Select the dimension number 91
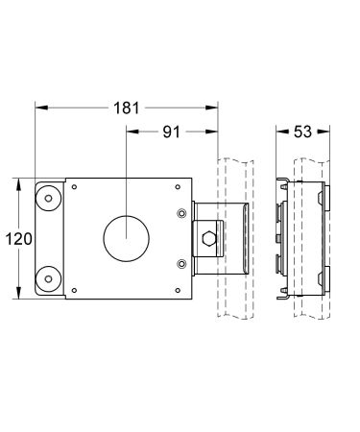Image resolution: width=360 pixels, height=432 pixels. [x=170, y=133]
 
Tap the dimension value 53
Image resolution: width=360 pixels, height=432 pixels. [x=301, y=133]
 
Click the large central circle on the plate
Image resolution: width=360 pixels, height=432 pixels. [x=123, y=237]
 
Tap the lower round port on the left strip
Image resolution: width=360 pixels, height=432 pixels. [x=45, y=279]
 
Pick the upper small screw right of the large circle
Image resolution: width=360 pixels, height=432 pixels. [x=180, y=213]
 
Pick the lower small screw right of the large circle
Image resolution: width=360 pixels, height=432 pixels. [x=180, y=262]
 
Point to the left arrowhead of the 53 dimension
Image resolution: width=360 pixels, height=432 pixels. [x=279, y=133]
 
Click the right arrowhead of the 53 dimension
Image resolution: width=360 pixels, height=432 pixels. [x=324, y=133]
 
